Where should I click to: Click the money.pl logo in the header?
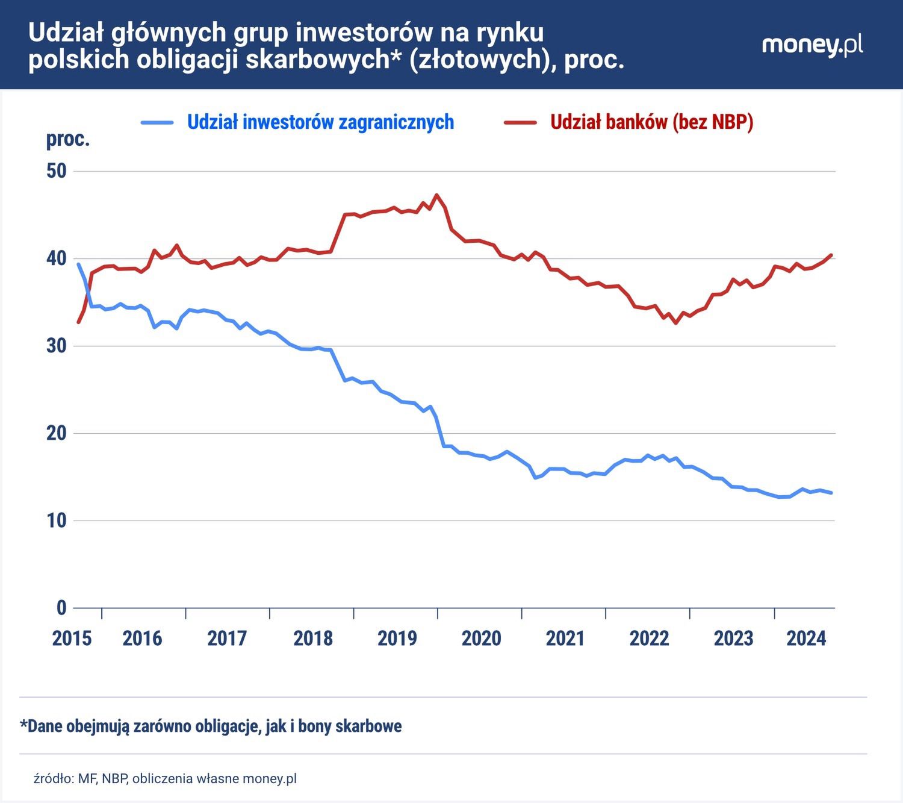coord(812,46)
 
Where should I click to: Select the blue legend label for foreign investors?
coord(320,122)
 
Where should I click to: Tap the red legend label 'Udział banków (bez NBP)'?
coord(651,122)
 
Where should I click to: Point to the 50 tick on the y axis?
coord(57,171)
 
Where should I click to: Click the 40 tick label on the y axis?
coord(57,258)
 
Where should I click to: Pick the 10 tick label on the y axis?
coord(57,520)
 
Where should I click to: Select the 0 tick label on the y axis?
coord(61,608)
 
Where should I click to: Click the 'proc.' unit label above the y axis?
coord(68,140)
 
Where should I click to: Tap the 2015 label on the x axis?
coord(72,639)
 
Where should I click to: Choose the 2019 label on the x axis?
coord(397,639)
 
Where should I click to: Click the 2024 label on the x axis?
coord(806,639)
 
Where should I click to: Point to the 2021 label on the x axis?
coord(565,639)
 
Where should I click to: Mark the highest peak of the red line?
coord(437,195)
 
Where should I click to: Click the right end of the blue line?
coord(831,493)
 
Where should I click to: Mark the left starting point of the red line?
coord(78,322)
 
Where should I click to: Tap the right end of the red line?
coord(831,255)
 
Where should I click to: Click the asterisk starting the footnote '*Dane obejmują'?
coord(24,724)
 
